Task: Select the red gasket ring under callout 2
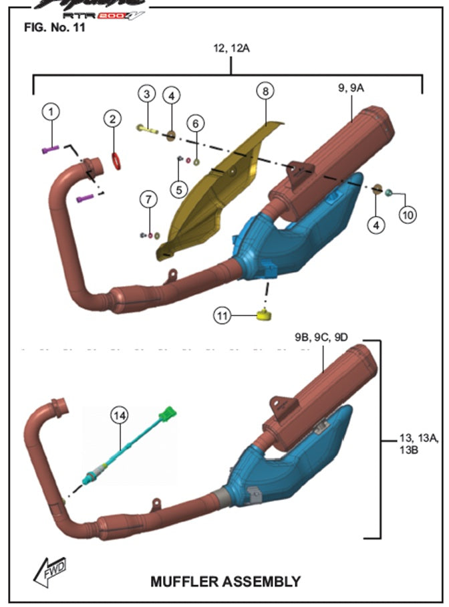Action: point(116,160)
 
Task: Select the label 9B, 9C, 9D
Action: point(321,337)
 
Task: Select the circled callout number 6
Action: point(195,123)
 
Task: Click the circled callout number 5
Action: point(178,189)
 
